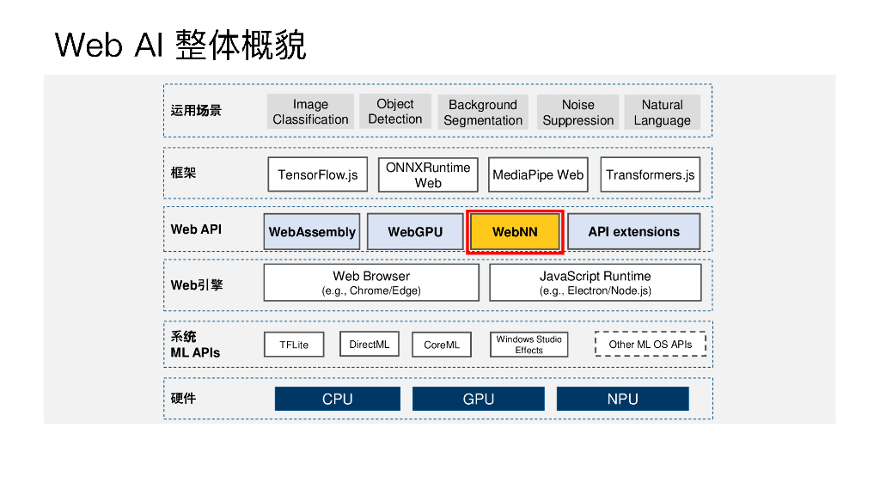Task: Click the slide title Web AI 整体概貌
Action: (x=180, y=45)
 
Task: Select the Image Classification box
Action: (x=310, y=112)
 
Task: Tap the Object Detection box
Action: (x=395, y=111)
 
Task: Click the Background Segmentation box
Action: (x=483, y=113)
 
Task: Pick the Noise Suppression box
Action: (x=577, y=113)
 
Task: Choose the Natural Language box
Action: (x=662, y=113)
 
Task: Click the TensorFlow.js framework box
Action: (x=317, y=174)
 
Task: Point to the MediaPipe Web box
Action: (x=538, y=174)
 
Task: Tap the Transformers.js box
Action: (x=650, y=174)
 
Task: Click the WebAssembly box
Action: (x=312, y=232)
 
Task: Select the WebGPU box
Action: (x=415, y=232)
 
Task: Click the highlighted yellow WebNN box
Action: (x=515, y=232)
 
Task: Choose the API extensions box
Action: (x=633, y=232)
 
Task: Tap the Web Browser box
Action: (x=371, y=283)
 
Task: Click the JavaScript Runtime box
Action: (x=595, y=283)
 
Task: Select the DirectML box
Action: (x=370, y=345)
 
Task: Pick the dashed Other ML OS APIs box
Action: (x=650, y=345)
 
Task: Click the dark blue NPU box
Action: (x=622, y=399)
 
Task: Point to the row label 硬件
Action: (x=183, y=399)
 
